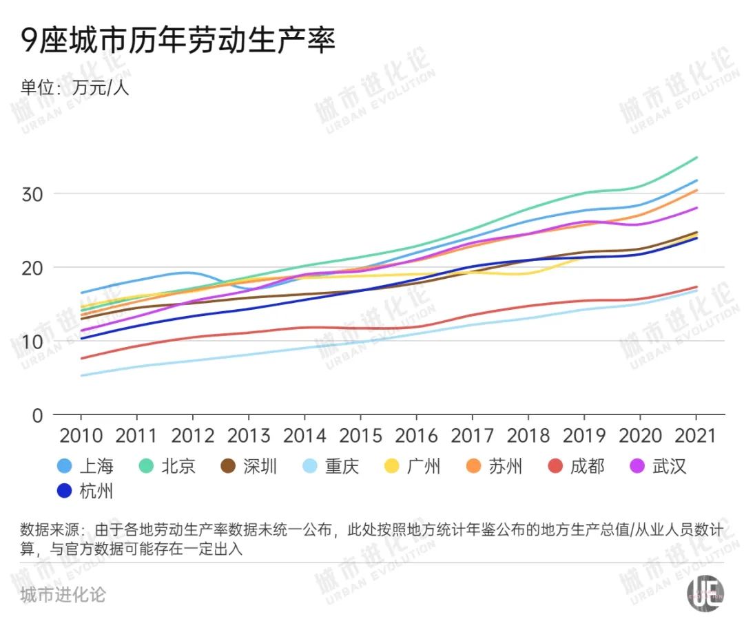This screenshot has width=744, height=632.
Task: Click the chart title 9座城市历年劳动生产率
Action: tap(178, 41)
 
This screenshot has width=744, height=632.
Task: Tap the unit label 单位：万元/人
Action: tap(74, 89)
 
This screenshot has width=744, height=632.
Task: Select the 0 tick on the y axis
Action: tap(39, 415)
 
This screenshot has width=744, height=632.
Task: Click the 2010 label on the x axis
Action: tap(81, 436)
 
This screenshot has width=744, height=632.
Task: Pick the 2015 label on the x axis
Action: tap(360, 436)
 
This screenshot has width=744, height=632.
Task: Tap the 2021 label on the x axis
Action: tap(696, 436)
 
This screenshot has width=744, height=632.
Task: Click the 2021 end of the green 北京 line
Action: tap(696, 158)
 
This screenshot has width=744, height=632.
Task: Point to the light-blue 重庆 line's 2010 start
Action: tap(81, 376)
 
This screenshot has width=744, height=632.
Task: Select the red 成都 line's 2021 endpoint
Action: tap(696, 287)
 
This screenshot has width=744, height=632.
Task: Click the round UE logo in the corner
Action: tap(705, 593)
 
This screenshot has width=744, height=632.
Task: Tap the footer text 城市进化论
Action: tap(63, 594)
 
